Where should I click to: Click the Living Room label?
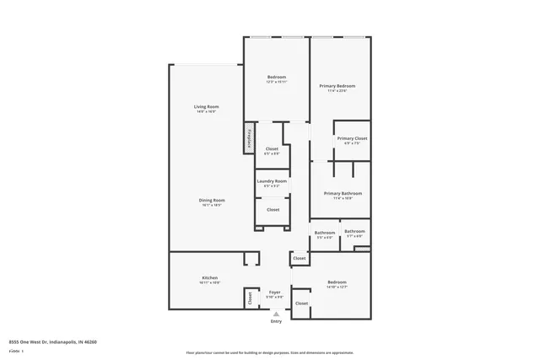click(x=207, y=106)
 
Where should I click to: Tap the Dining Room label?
click(x=211, y=200)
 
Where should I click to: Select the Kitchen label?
click(x=210, y=277)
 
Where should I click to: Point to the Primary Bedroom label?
click(x=337, y=86)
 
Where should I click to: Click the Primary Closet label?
click(x=352, y=138)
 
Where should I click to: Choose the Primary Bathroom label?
click(x=337, y=193)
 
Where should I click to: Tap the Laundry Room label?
click(x=273, y=180)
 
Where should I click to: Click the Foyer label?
click(x=275, y=292)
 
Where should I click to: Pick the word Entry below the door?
click(x=276, y=321)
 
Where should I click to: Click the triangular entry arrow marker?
click(x=276, y=313)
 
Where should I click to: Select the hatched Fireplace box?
click(x=250, y=138)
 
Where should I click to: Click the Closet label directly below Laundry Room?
click(x=273, y=209)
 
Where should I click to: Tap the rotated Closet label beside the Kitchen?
click(x=250, y=298)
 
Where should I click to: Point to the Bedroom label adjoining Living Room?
click(x=276, y=77)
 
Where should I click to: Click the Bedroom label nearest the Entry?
click(x=337, y=282)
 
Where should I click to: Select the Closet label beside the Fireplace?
click(x=272, y=148)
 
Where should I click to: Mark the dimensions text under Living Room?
click(x=207, y=111)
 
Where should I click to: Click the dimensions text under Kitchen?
click(x=210, y=282)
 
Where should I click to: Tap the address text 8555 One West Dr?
click(x=53, y=341)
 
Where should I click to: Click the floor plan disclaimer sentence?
click(x=282, y=352)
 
